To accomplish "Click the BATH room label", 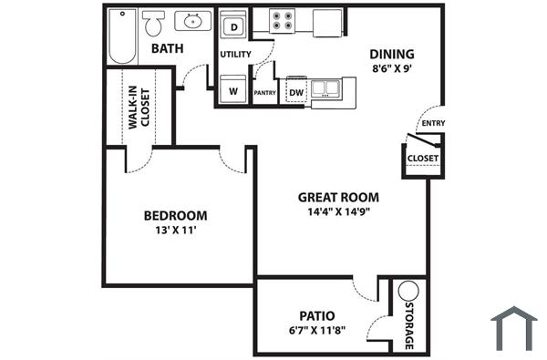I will point(170,48).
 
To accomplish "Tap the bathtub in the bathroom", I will point(122,36).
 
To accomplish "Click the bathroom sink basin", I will point(193,20).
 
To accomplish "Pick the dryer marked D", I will point(234,27).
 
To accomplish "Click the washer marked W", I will point(234,91).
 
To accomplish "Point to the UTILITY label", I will point(235,55).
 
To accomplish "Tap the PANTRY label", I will point(264,93).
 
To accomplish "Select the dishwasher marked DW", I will point(296,92).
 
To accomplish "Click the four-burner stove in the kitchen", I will point(283,20).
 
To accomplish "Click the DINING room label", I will point(392,53).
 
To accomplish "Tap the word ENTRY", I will point(431,124).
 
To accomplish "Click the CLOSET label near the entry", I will point(423,158).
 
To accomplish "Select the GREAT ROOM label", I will point(339,197).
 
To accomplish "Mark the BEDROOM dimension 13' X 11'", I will point(175,231).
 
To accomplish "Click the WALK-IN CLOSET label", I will point(139,107).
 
